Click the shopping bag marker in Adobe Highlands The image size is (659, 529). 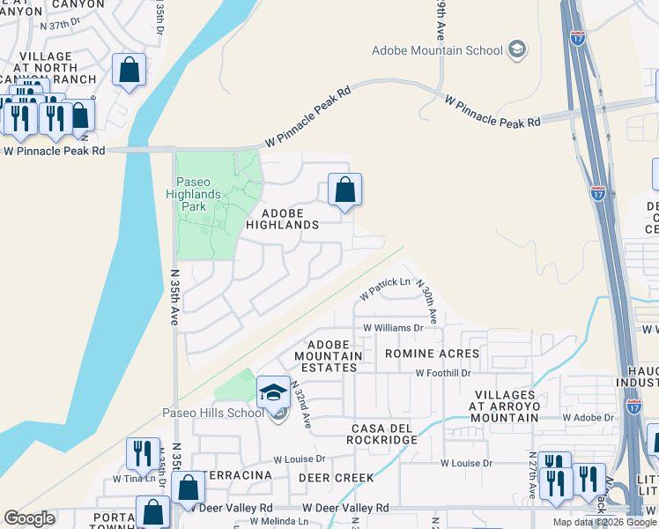click(x=344, y=190)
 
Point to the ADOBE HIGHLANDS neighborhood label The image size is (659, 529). click(x=288, y=219)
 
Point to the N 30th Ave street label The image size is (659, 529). click(x=426, y=300)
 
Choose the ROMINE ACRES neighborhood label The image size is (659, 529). click(x=432, y=354)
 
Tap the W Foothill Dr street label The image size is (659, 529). click(x=443, y=373)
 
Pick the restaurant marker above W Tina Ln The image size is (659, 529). click(x=143, y=453)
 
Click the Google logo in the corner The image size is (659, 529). click(x=29, y=518)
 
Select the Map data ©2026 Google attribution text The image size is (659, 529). click(x=604, y=522)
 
